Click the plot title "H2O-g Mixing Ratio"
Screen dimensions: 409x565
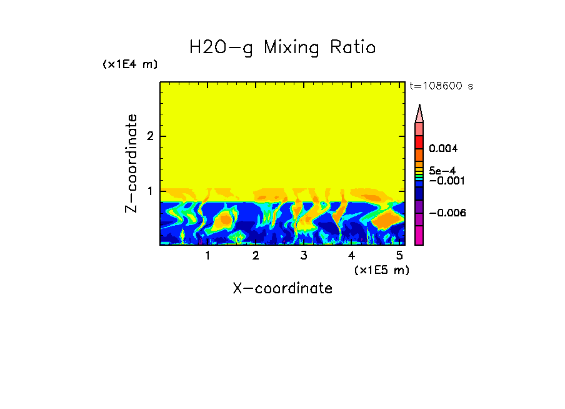(x=282, y=48)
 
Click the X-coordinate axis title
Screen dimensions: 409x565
(x=282, y=288)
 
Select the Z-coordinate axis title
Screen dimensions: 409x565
(x=131, y=163)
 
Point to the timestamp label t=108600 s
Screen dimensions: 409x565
(x=441, y=86)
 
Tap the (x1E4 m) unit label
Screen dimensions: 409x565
(x=130, y=64)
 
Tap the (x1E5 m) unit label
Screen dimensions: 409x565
(x=381, y=270)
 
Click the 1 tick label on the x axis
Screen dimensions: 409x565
(x=207, y=256)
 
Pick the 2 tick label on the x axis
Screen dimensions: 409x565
(x=256, y=256)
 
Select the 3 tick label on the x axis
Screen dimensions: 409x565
(x=303, y=256)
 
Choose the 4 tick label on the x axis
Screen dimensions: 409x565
(x=351, y=256)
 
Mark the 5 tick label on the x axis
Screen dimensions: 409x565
(x=399, y=256)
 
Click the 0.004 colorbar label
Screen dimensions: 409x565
(x=443, y=149)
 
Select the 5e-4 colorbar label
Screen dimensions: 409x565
(x=442, y=170)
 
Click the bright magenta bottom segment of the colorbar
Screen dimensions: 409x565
(x=419, y=235)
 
